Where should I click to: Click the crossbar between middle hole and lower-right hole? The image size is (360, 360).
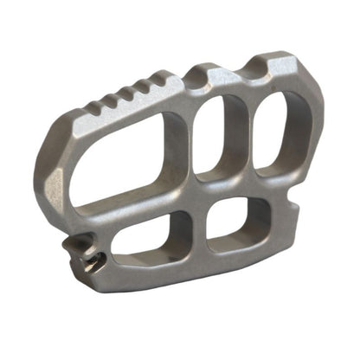point(227,189)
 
